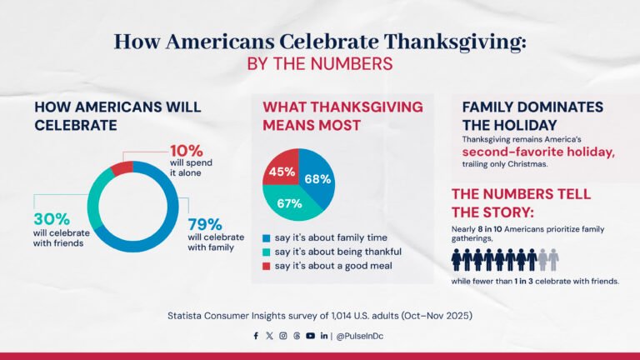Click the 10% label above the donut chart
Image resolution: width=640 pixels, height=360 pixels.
[186, 151]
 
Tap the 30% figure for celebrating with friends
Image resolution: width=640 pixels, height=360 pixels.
[50, 217]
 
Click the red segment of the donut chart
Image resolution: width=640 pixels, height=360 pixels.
[122, 169]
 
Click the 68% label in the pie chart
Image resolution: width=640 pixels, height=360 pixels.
[317, 178]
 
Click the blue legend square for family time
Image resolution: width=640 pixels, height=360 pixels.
[267, 237]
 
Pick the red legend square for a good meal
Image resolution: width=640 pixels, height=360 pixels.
[267, 266]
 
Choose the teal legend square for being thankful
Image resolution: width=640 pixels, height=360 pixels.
[267, 252]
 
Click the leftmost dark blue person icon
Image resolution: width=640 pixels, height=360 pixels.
[457, 260]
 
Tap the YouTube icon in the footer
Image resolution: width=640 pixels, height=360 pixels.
[310, 336]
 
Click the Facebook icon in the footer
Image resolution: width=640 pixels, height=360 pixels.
[256, 336]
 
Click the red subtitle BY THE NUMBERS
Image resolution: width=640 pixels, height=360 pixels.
[320, 63]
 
